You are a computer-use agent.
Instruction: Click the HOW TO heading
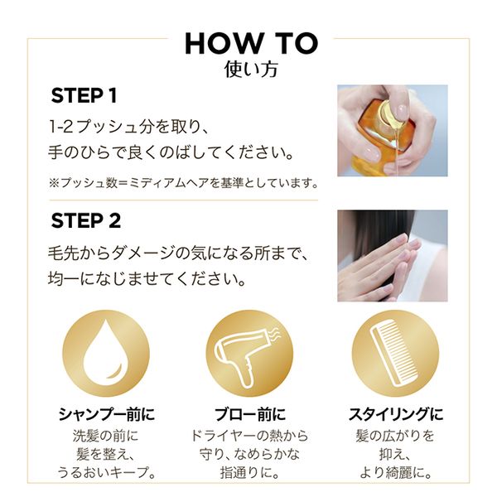(251, 43)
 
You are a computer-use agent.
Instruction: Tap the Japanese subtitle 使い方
(251, 70)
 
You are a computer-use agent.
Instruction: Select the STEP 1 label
(84, 95)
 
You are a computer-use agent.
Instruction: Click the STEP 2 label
(86, 220)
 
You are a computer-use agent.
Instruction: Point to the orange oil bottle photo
(393, 131)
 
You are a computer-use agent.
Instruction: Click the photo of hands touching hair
(393, 256)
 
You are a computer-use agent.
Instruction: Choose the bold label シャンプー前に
(107, 414)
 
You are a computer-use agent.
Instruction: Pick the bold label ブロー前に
(250, 414)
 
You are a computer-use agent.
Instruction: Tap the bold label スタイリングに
(396, 414)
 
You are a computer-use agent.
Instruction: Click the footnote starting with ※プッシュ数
(183, 183)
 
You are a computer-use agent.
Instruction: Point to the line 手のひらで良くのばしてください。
(171, 152)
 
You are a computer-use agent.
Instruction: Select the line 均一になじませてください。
(147, 279)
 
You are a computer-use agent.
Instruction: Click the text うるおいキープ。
(107, 473)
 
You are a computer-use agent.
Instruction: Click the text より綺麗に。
(396, 473)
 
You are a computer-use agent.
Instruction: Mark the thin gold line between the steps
(184, 200)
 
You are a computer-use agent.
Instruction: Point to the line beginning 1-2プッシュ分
(128, 127)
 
